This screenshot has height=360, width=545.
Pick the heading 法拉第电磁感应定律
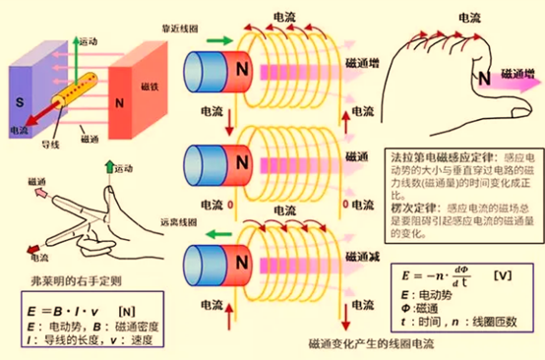click(x=431, y=157)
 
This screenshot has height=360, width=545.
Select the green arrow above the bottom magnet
click(x=221, y=234)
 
